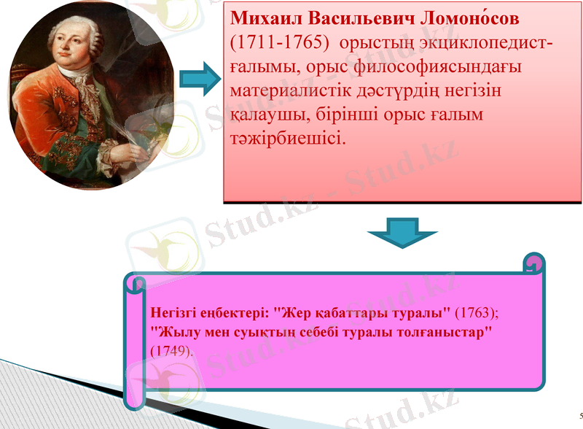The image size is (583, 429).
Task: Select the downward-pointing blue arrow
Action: click(402, 235)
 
